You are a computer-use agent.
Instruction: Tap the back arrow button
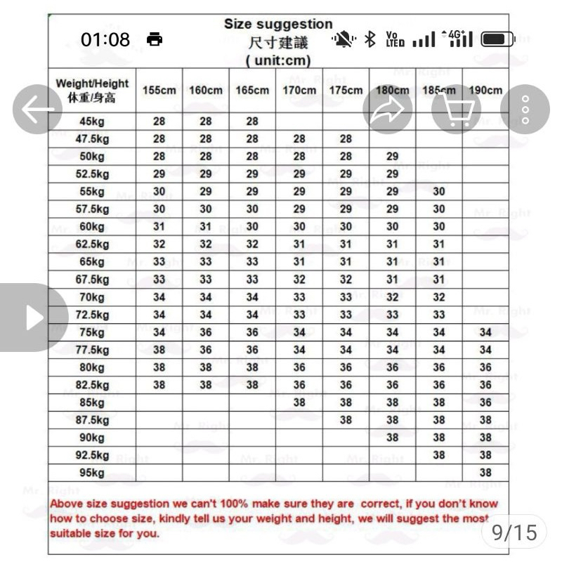(x=37, y=109)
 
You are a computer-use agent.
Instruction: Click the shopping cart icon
(x=456, y=109)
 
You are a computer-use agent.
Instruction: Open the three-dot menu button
(x=524, y=109)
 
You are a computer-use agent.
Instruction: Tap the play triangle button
(x=33, y=318)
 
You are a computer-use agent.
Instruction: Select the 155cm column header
(x=159, y=90)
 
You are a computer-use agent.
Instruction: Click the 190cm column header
(x=485, y=90)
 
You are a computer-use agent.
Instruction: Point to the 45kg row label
(x=91, y=121)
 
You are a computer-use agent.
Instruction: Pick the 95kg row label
(x=91, y=473)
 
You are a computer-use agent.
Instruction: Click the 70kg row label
(x=91, y=297)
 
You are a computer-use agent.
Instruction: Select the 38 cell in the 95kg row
(x=485, y=473)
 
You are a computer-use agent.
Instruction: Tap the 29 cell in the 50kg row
(x=392, y=156)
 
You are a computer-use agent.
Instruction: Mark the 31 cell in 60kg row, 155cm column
(x=159, y=226)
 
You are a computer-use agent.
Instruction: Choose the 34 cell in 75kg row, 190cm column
(x=485, y=332)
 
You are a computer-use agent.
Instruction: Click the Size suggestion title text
(x=279, y=25)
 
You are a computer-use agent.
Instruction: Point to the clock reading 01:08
(x=105, y=40)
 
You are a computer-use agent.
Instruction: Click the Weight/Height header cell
(x=92, y=91)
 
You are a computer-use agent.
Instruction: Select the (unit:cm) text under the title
(x=279, y=60)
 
